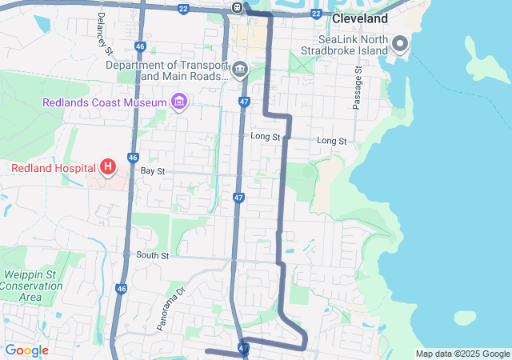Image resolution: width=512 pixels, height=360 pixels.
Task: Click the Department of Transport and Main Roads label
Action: [166, 70]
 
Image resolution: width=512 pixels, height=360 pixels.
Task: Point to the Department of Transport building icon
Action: [239, 70]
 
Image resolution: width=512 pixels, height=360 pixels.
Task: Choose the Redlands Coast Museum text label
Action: [104, 102]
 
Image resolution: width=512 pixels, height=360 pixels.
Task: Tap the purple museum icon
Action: [178, 102]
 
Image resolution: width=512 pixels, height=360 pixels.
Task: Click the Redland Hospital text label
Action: [53, 168]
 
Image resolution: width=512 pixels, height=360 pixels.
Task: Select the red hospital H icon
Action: [107, 167]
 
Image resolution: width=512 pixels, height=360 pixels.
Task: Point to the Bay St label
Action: [152, 171]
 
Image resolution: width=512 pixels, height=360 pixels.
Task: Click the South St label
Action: [152, 256]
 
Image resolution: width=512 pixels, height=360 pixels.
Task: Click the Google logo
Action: [26, 350]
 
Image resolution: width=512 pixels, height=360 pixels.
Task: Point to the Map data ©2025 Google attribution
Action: [462, 354]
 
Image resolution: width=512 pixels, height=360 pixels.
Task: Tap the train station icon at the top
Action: [238, 7]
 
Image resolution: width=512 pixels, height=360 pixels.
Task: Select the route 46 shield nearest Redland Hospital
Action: [133, 158]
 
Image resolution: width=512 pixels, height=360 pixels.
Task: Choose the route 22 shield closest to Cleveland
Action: [317, 14]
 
